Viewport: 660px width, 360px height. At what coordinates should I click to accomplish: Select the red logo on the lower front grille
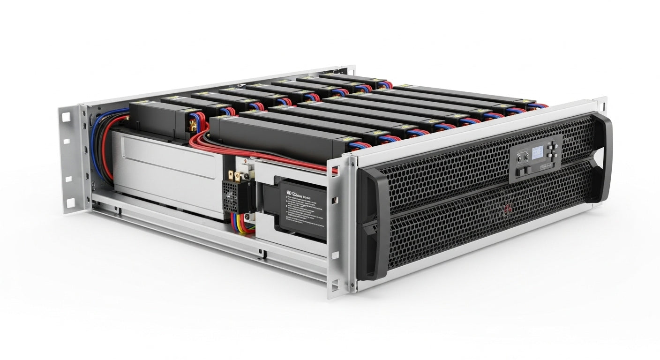point(506,210)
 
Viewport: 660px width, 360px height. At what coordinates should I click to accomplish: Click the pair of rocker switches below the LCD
point(521,172)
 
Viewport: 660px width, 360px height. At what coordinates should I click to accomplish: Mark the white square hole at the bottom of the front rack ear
point(336,283)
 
